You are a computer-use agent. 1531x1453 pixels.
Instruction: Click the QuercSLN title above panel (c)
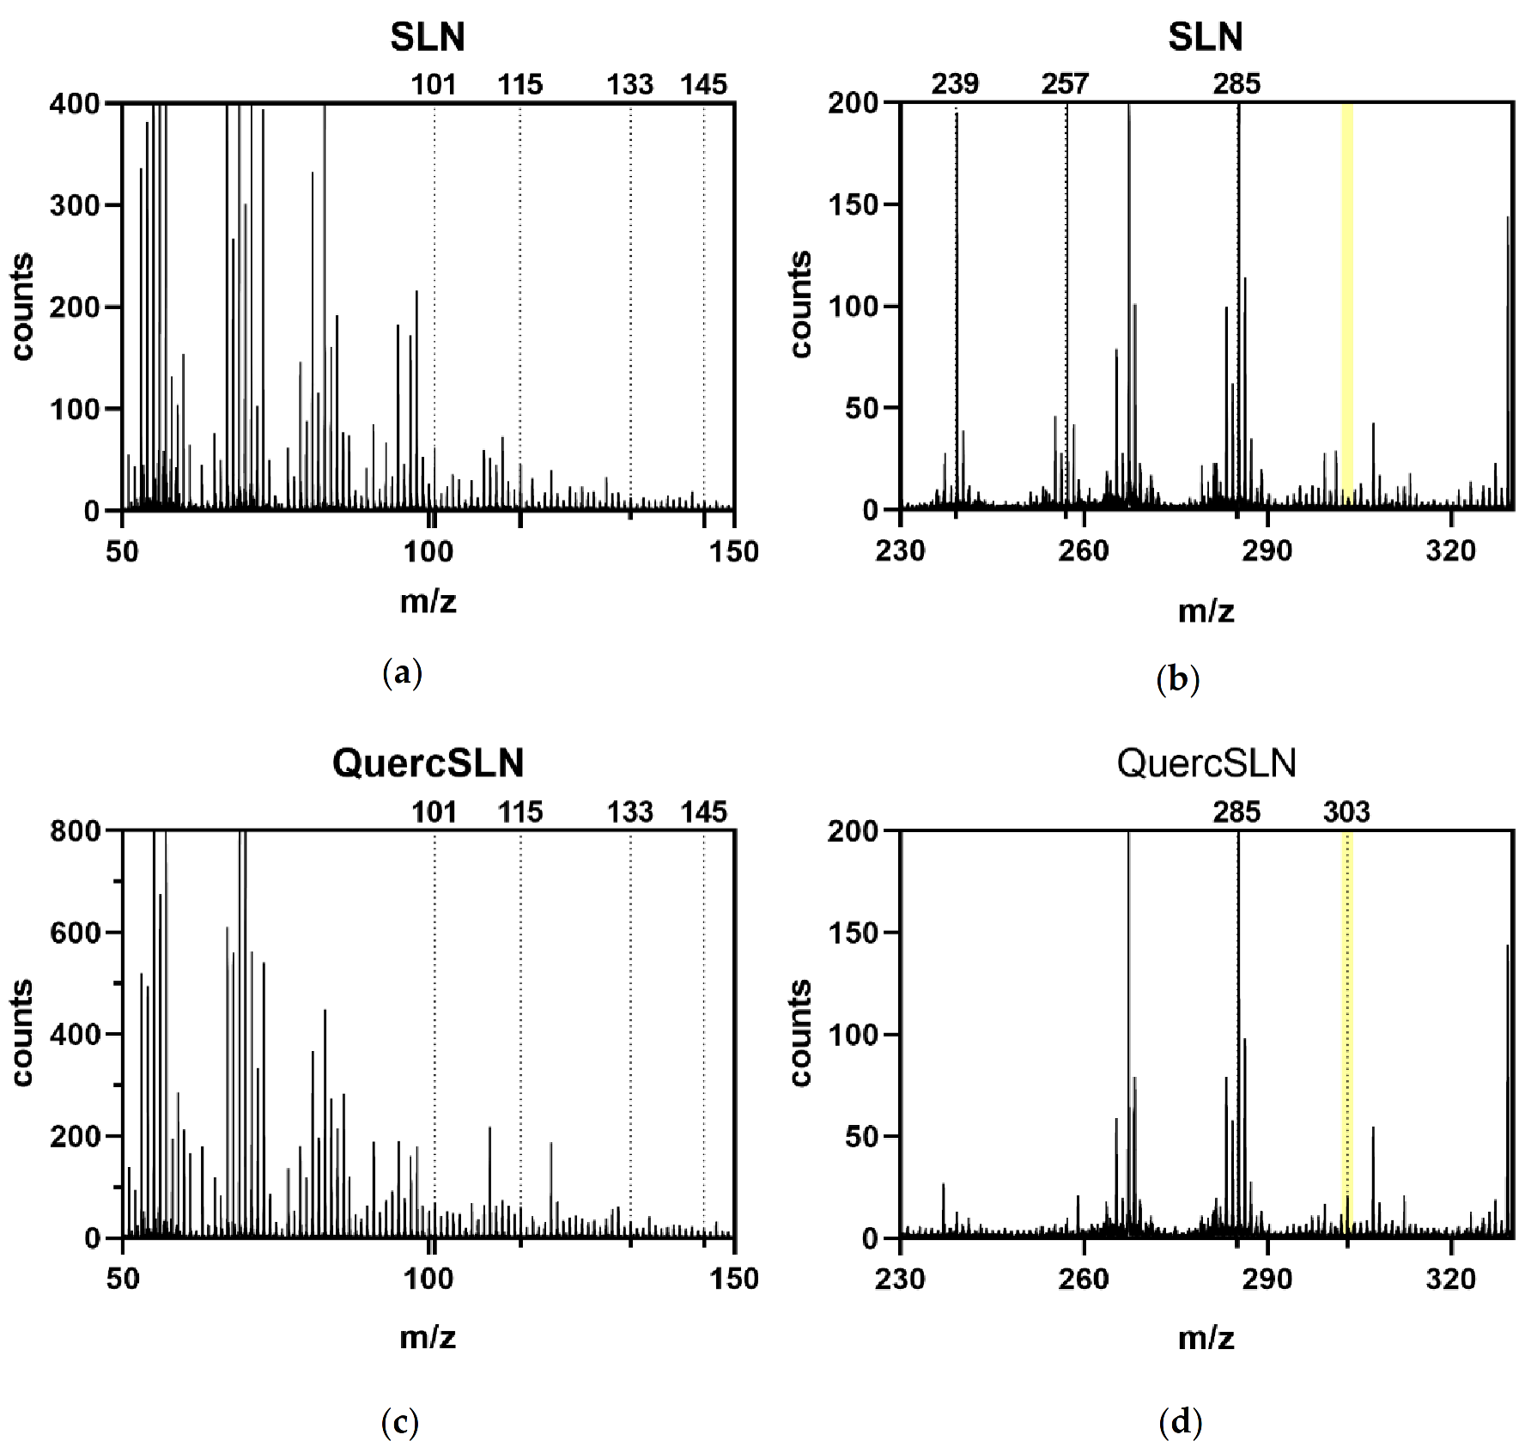coord(428,763)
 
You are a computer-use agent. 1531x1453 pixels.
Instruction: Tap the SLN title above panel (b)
coord(1205,37)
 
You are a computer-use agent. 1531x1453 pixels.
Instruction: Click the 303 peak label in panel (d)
coord(1346,812)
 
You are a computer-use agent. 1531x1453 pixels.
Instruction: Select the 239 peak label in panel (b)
coord(955,84)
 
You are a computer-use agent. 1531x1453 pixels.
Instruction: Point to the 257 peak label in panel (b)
coord(1065,84)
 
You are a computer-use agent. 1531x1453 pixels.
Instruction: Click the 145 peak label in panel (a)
coord(703,84)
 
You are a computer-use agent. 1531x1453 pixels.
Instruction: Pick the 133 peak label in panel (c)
coord(630,812)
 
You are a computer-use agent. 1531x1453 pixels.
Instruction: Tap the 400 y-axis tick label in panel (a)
coord(76,104)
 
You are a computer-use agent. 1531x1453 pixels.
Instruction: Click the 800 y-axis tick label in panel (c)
coord(76,830)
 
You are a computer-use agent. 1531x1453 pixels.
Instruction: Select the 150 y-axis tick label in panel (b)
coord(854,204)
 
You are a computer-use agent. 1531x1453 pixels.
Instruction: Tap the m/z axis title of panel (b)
coord(1206,611)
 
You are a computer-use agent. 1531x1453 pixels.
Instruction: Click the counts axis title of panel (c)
coord(22,1033)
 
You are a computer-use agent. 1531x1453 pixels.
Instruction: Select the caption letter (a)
coord(402,672)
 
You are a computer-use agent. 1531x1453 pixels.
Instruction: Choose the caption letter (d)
coord(1180,1423)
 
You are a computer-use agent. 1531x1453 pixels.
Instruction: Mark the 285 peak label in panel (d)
coord(1236,812)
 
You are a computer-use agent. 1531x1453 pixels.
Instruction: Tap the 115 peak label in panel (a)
coord(520,84)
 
